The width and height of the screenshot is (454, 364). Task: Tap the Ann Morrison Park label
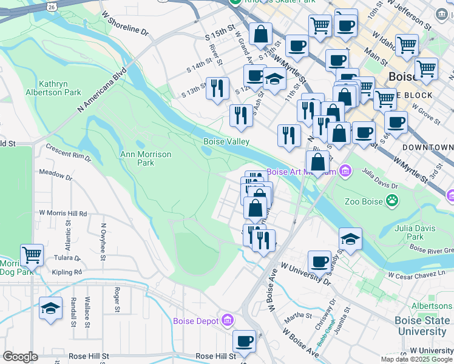pyautogui.click(x=146, y=158)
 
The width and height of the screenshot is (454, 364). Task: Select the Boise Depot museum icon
pyautogui.click(x=228, y=320)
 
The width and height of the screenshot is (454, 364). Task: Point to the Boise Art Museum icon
pyautogui.click(x=345, y=171)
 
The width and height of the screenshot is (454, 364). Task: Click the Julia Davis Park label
pyautogui.click(x=408, y=232)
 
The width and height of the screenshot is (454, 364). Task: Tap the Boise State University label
pyautogui.click(x=421, y=326)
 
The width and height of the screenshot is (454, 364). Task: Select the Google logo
pyautogui.click(x=20, y=357)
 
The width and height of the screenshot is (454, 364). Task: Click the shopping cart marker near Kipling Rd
pyautogui.click(x=32, y=255)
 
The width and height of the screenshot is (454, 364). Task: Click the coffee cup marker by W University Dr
pyautogui.click(x=319, y=262)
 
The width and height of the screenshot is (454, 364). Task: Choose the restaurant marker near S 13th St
pyautogui.click(x=217, y=88)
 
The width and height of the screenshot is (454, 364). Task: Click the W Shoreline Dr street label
pyautogui.click(x=125, y=22)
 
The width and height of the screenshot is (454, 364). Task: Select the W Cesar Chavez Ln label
pyautogui.click(x=420, y=276)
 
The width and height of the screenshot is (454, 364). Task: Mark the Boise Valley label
pyautogui.click(x=226, y=141)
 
